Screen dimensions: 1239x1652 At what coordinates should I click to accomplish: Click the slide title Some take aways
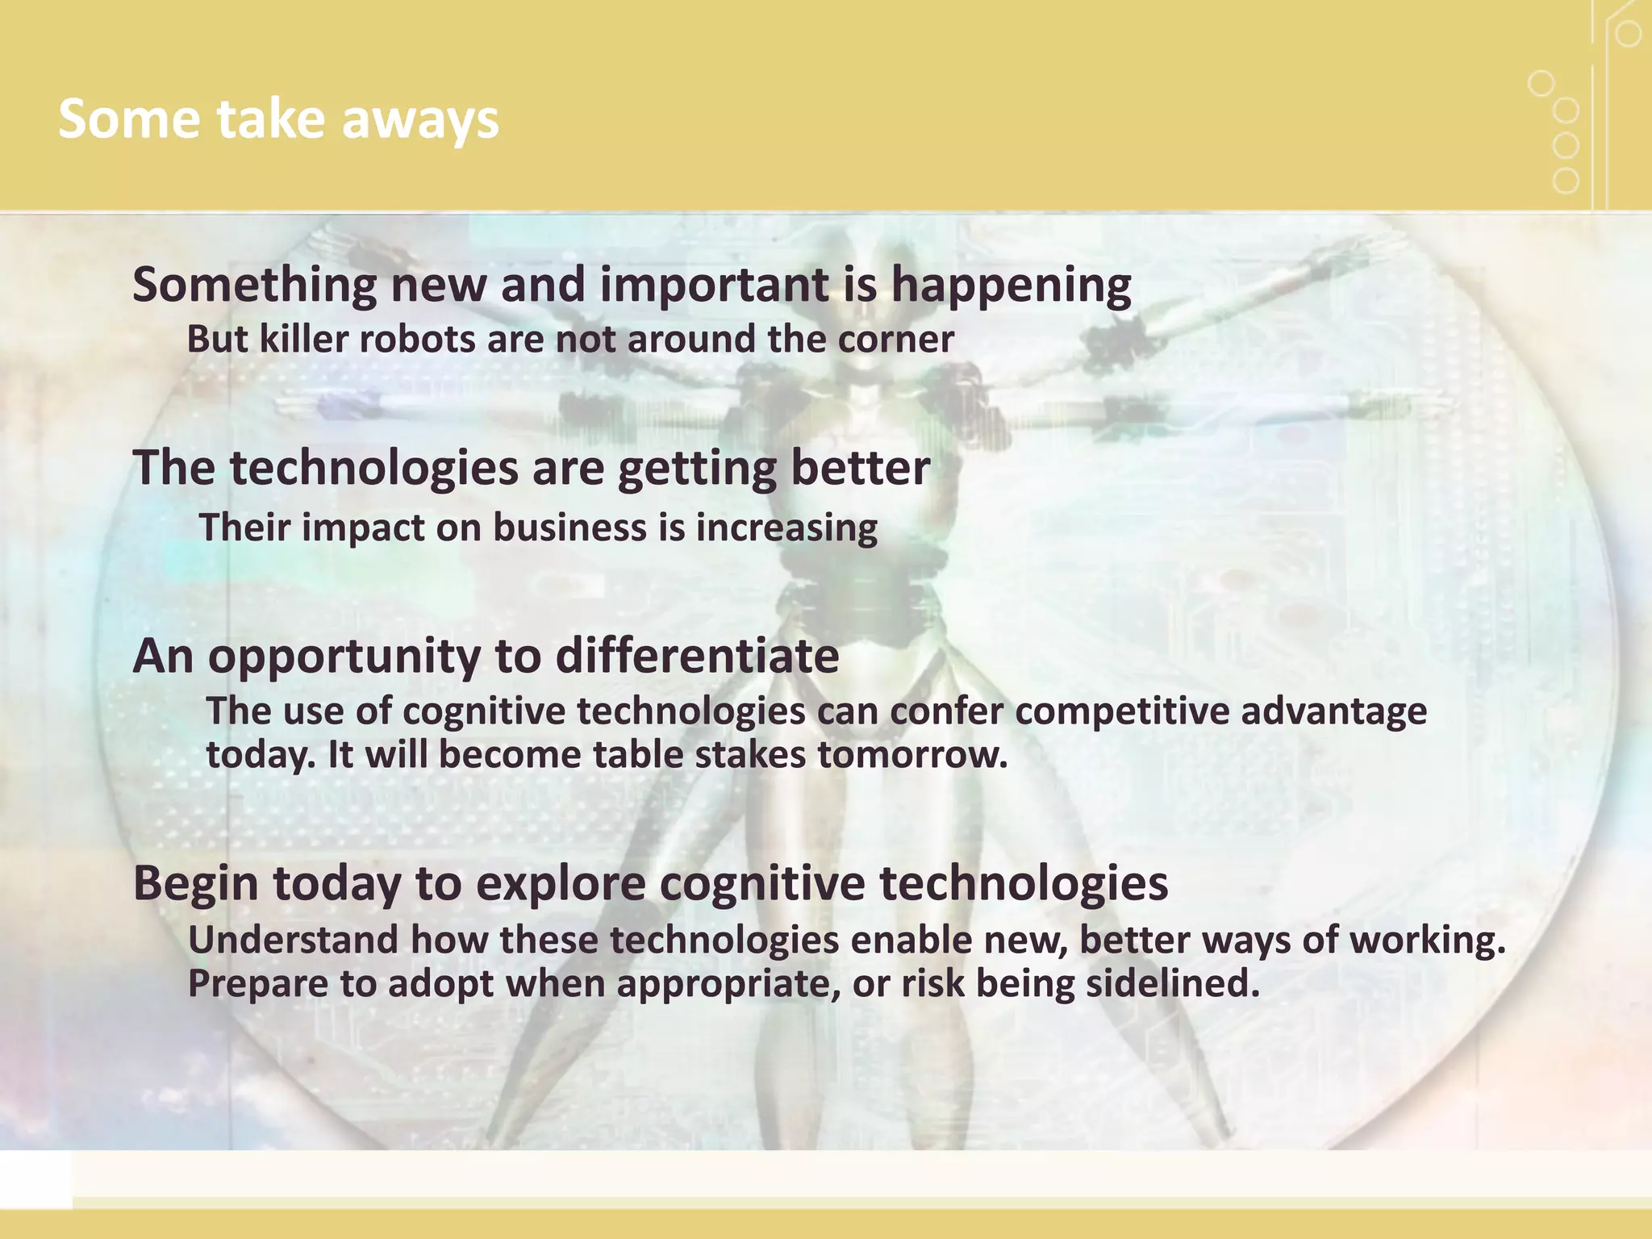click(x=278, y=119)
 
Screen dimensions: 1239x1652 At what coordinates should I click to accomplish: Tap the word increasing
click(x=786, y=528)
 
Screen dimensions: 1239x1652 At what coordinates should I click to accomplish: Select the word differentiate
click(x=697, y=657)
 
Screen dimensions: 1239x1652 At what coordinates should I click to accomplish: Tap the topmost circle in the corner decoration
click(x=1628, y=34)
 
